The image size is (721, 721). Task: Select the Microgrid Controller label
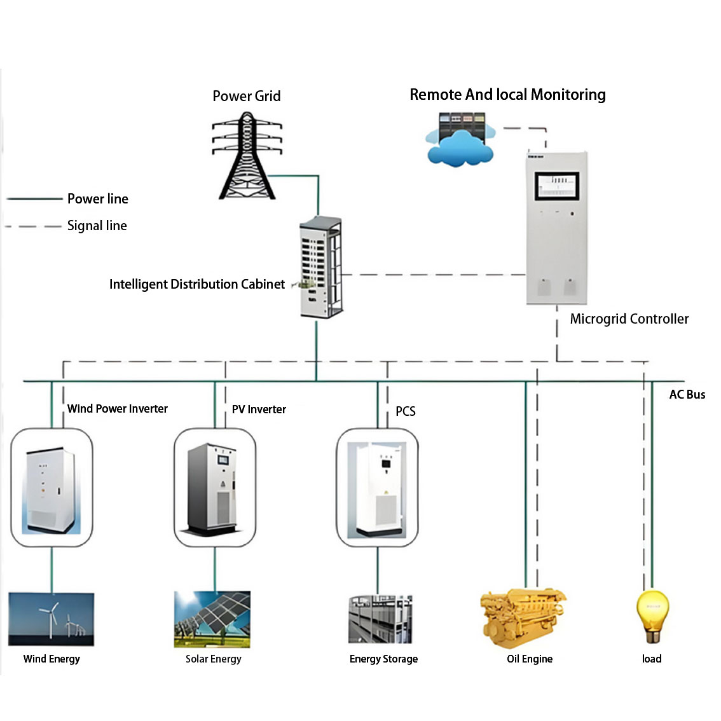629,319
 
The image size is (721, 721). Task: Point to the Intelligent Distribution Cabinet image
322,267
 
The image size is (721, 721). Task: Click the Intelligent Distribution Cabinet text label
196,284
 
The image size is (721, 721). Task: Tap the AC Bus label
687,395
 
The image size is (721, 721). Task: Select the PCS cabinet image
377,488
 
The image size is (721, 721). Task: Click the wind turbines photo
52,619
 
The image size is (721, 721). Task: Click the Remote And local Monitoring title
507,95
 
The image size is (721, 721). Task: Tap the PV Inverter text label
259,409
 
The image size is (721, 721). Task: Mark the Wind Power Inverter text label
118,409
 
